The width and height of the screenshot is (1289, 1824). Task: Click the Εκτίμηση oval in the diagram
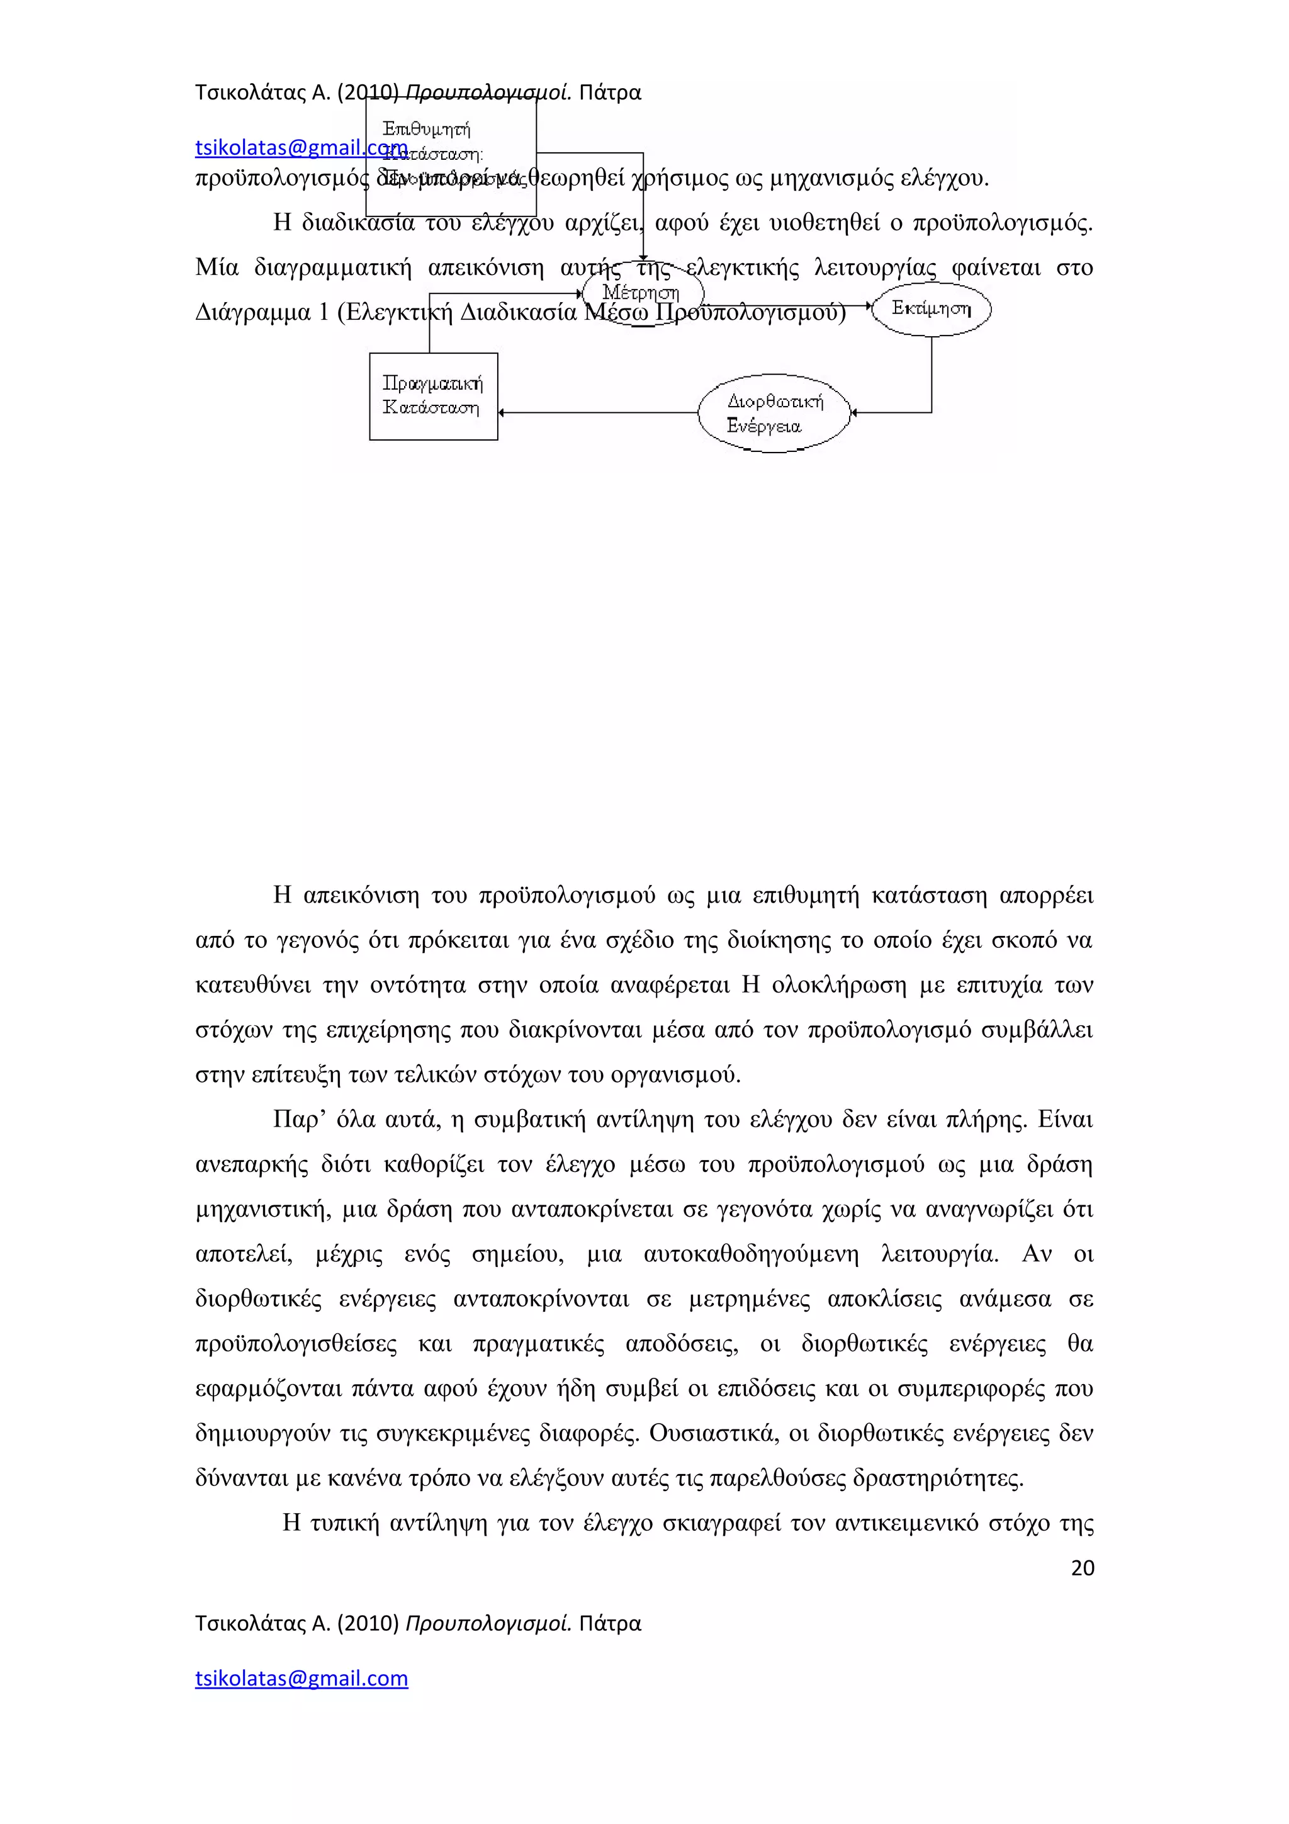pos(931,308)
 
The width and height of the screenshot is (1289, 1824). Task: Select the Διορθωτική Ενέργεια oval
pos(774,413)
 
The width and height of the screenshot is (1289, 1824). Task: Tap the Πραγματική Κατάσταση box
pos(433,396)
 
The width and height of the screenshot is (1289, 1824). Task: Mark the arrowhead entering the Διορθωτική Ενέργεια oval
pos(855,412)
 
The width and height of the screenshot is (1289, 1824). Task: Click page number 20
pos(1082,1567)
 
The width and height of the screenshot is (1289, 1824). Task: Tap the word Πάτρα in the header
pos(609,93)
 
